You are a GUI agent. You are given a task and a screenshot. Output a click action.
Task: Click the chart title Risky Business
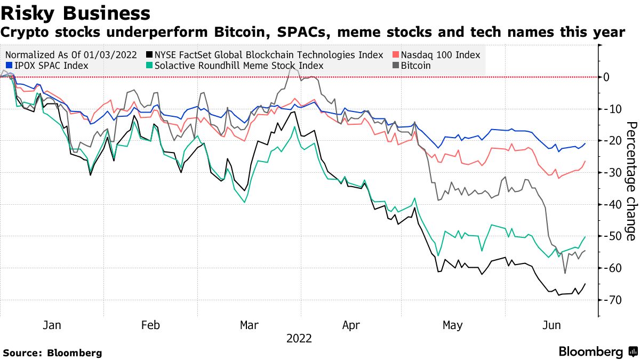coord(75,12)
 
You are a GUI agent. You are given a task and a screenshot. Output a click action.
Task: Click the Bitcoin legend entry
coord(415,66)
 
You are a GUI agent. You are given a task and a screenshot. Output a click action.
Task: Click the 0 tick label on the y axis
coord(606,77)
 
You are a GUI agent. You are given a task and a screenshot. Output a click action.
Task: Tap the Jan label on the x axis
coord(51,325)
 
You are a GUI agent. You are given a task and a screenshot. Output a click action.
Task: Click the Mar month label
coord(250,325)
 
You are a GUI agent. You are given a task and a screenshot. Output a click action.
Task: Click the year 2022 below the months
coord(299,338)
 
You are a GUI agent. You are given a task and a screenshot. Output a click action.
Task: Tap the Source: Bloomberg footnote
coord(52,353)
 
